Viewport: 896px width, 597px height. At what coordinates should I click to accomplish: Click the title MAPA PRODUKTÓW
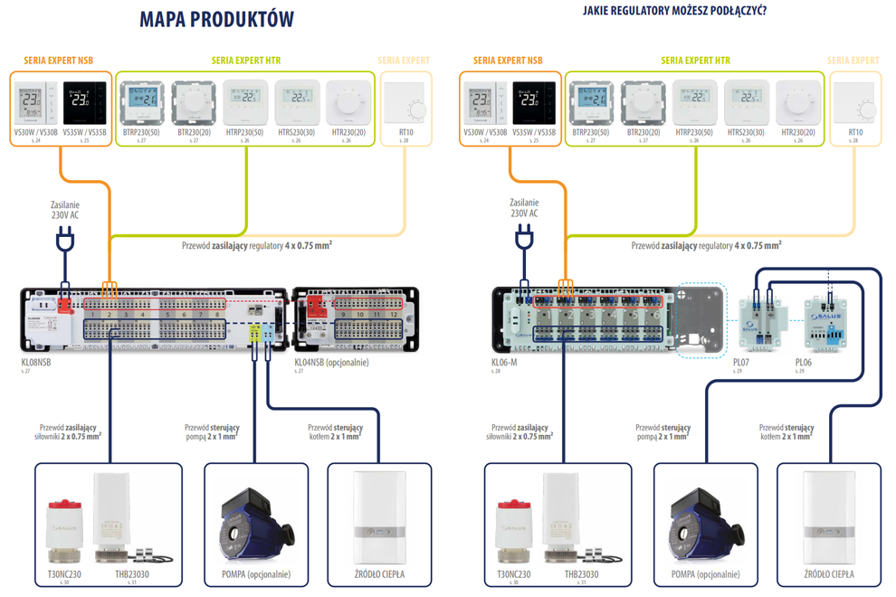pos(217,20)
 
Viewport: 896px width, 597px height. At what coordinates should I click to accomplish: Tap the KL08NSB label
pos(37,361)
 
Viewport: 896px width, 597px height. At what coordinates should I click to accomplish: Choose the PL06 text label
pos(804,361)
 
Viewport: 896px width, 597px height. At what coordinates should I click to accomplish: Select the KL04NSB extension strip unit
pos(356,317)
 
